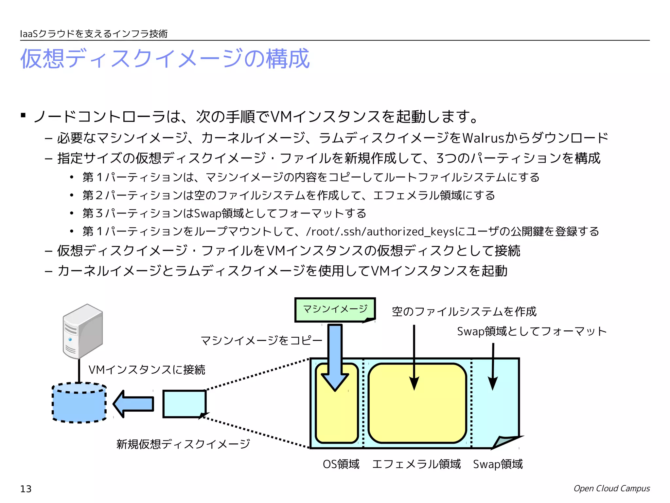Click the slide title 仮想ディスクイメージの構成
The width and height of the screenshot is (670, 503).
coord(165,59)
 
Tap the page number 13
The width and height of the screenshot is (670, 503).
coord(26,489)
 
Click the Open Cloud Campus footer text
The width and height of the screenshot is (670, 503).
coord(611,488)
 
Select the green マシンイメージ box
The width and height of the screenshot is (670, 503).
coord(335,309)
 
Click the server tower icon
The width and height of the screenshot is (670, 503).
coord(83,331)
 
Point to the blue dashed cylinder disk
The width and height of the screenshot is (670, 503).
coord(79,403)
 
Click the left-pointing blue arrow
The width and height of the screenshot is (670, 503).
coord(133,404)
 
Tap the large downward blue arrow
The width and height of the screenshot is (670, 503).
coord(335,357)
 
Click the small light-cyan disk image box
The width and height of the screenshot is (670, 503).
coord(184,404)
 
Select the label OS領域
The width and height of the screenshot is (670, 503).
coord(341,464)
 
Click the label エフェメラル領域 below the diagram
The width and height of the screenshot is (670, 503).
coord(416,464)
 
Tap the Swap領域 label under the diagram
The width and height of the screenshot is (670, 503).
coord(498,464)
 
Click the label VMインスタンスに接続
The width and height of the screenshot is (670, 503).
coord(147,370)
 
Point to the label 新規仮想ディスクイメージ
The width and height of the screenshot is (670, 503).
coord(183,444)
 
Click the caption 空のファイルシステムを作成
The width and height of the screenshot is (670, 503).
coord(464,311)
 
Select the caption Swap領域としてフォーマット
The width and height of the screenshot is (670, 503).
coord(532,331)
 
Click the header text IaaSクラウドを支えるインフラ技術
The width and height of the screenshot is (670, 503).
coord(94,34)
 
